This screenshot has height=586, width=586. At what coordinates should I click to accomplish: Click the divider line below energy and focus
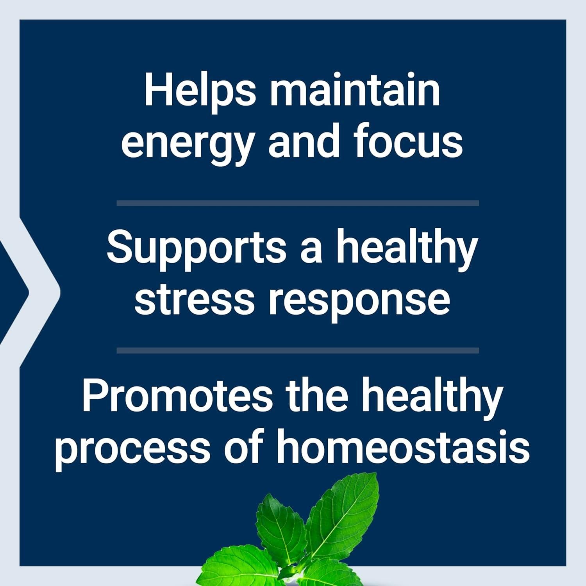(298, 203)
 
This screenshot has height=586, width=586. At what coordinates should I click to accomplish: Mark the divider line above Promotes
(298, 350)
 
